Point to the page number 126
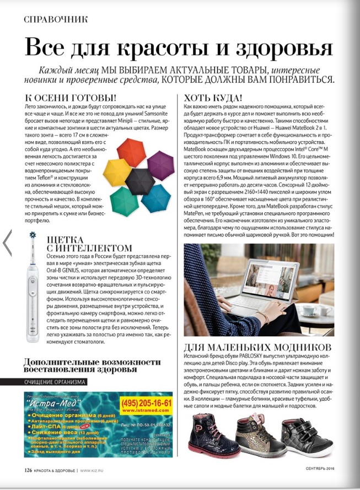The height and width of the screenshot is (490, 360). pyautogui.click(x=29, y=470)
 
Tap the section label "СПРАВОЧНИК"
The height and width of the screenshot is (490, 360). pyautogui.click(x=56, y=19)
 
